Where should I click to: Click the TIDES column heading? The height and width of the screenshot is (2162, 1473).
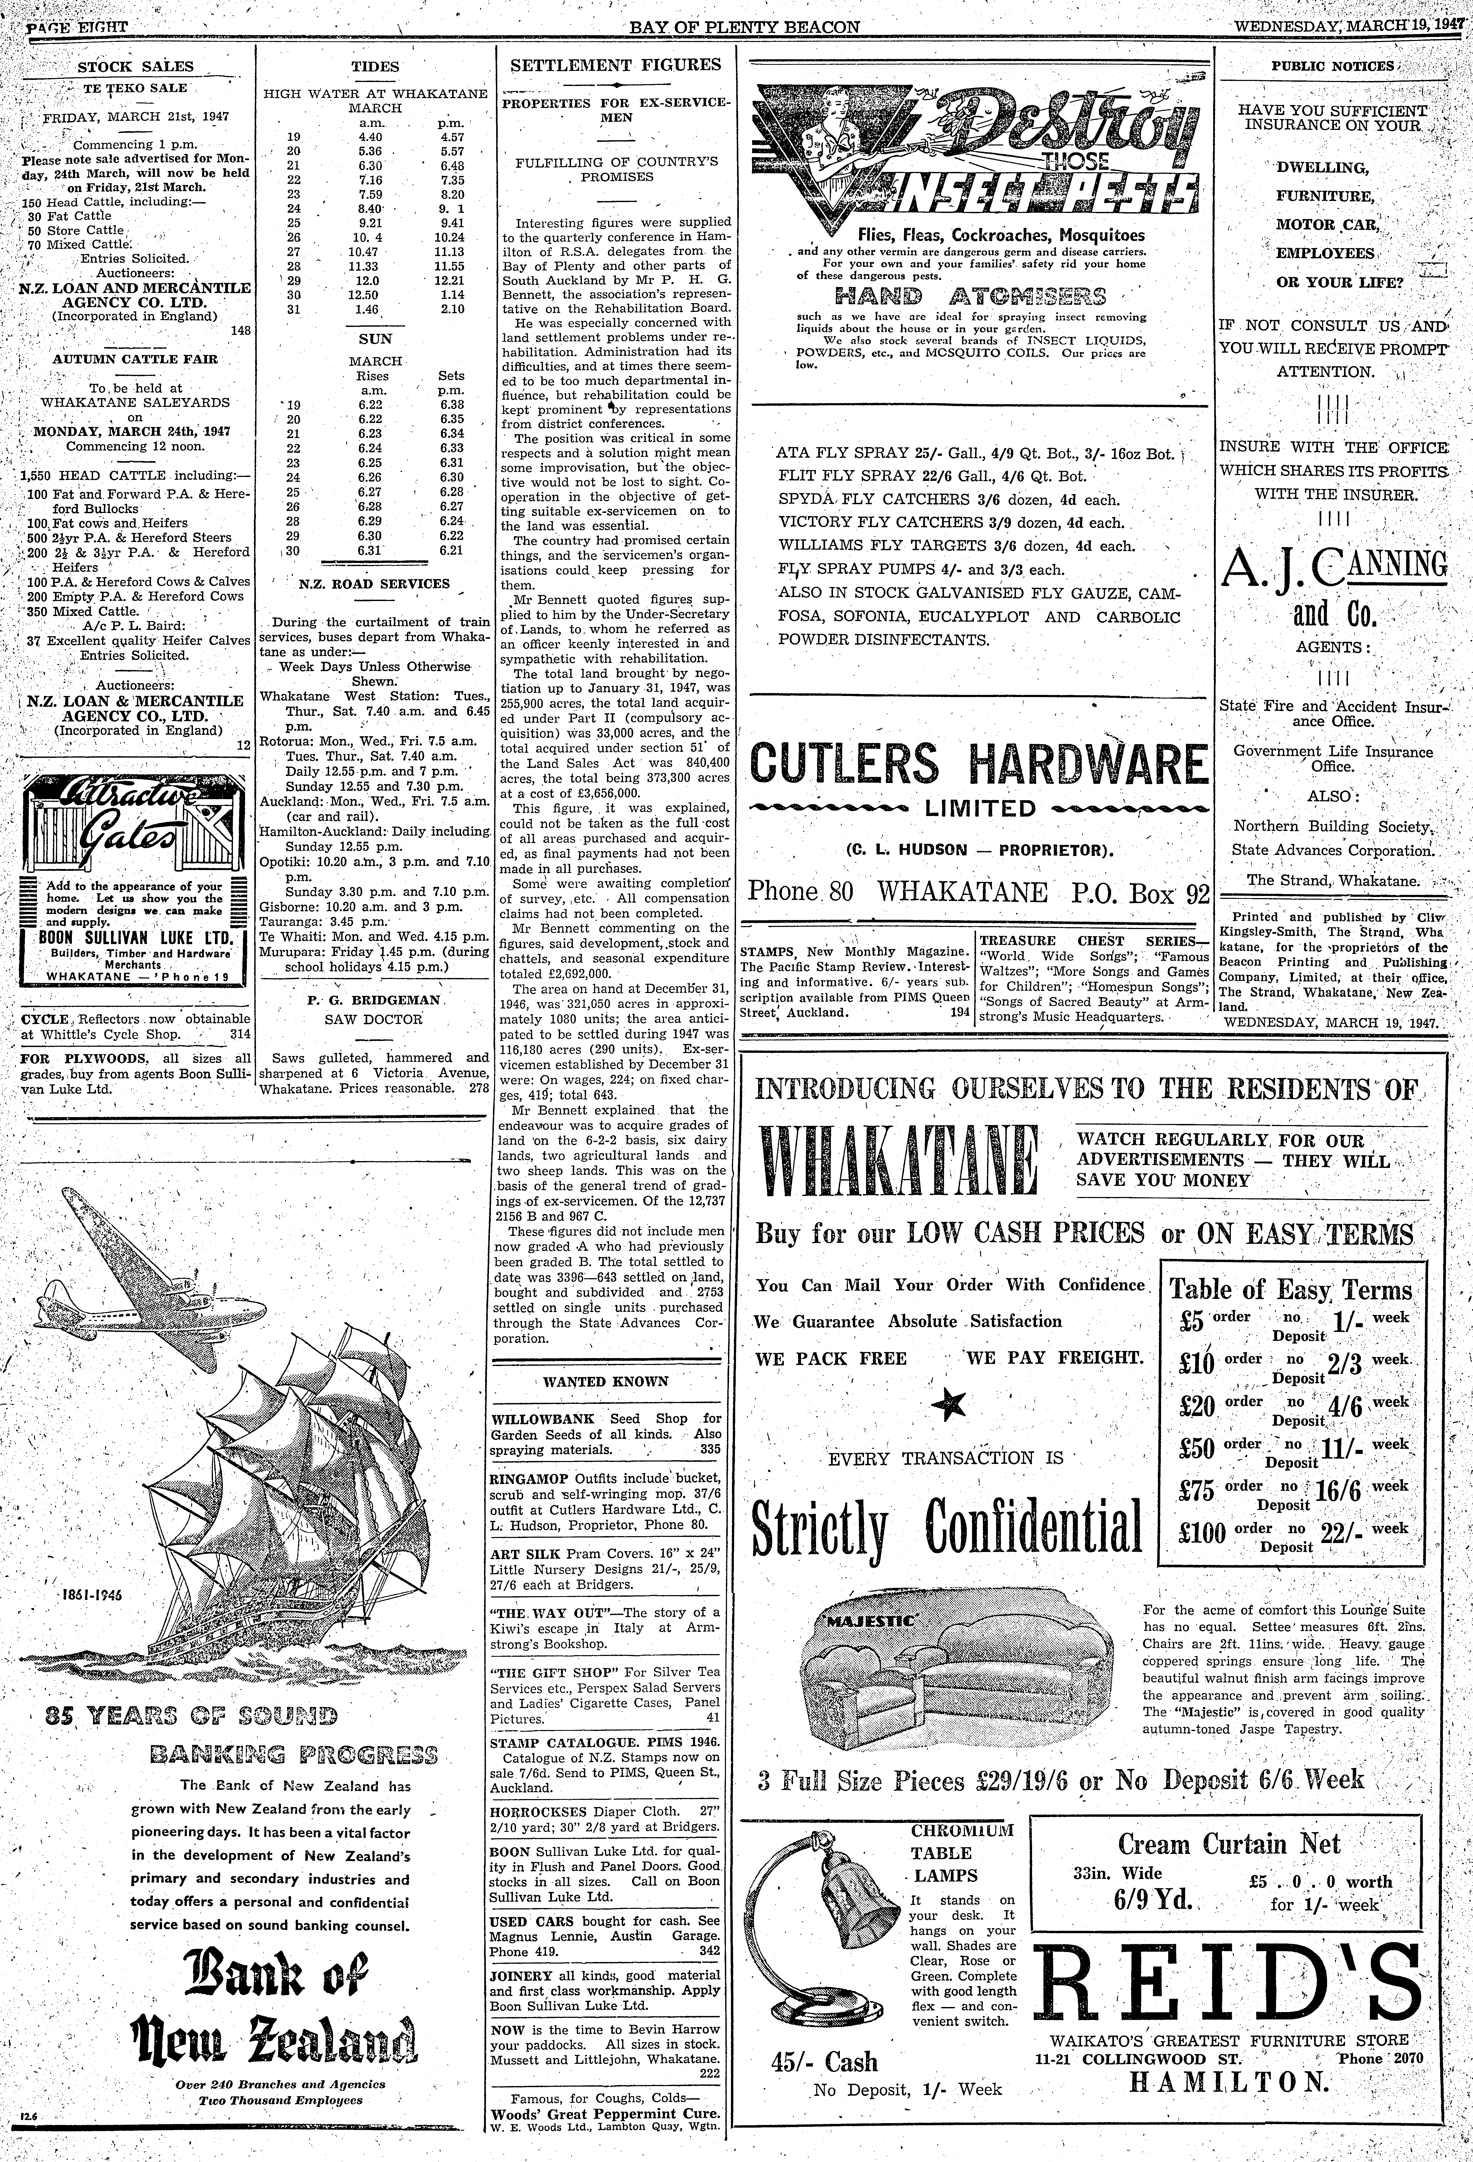pos(376,67)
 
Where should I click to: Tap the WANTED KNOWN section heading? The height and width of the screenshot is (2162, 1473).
pos(605,1381)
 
